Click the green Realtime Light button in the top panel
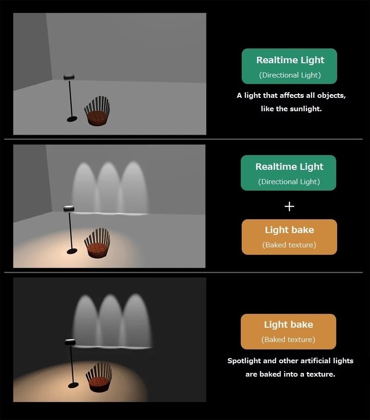289,66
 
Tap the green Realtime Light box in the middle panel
289,173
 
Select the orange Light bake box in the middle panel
289,237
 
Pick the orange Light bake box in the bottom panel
289,331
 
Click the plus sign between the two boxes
289,206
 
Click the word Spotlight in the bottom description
244,361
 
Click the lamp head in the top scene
69,77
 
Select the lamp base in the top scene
72,119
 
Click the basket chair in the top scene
97,111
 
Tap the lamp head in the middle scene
69,209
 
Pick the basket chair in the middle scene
97,243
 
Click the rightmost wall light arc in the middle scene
134,187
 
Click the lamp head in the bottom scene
70,342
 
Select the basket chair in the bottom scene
99,377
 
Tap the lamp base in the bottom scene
73,385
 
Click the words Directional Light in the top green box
290,75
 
